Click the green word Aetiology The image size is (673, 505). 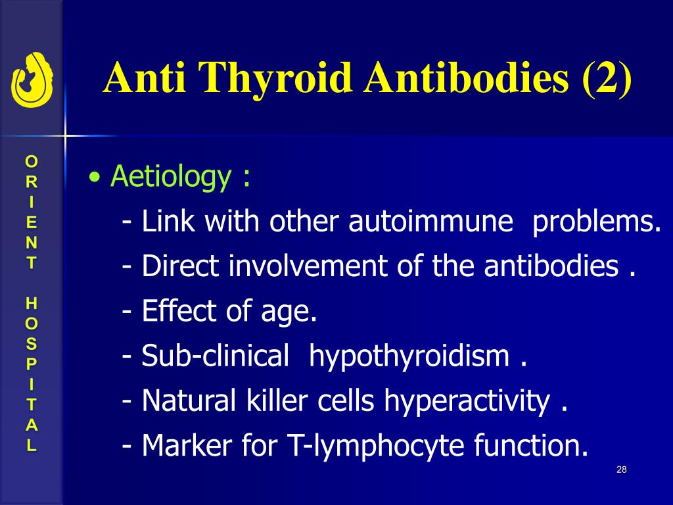[x=171, y=177]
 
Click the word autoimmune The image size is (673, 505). [x=430, y=222]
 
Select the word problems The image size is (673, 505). [x=597, y=222]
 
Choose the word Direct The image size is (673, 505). [x=181, y=267]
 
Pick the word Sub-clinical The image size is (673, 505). [x=215, y=356]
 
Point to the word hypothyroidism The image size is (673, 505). [x=409, y=356]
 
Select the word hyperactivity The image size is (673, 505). [x=467, y=401]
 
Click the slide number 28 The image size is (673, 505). [x=622, y=469]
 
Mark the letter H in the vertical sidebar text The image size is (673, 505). [x=32, y=303]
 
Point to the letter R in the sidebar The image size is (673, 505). [x=32, y=180]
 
